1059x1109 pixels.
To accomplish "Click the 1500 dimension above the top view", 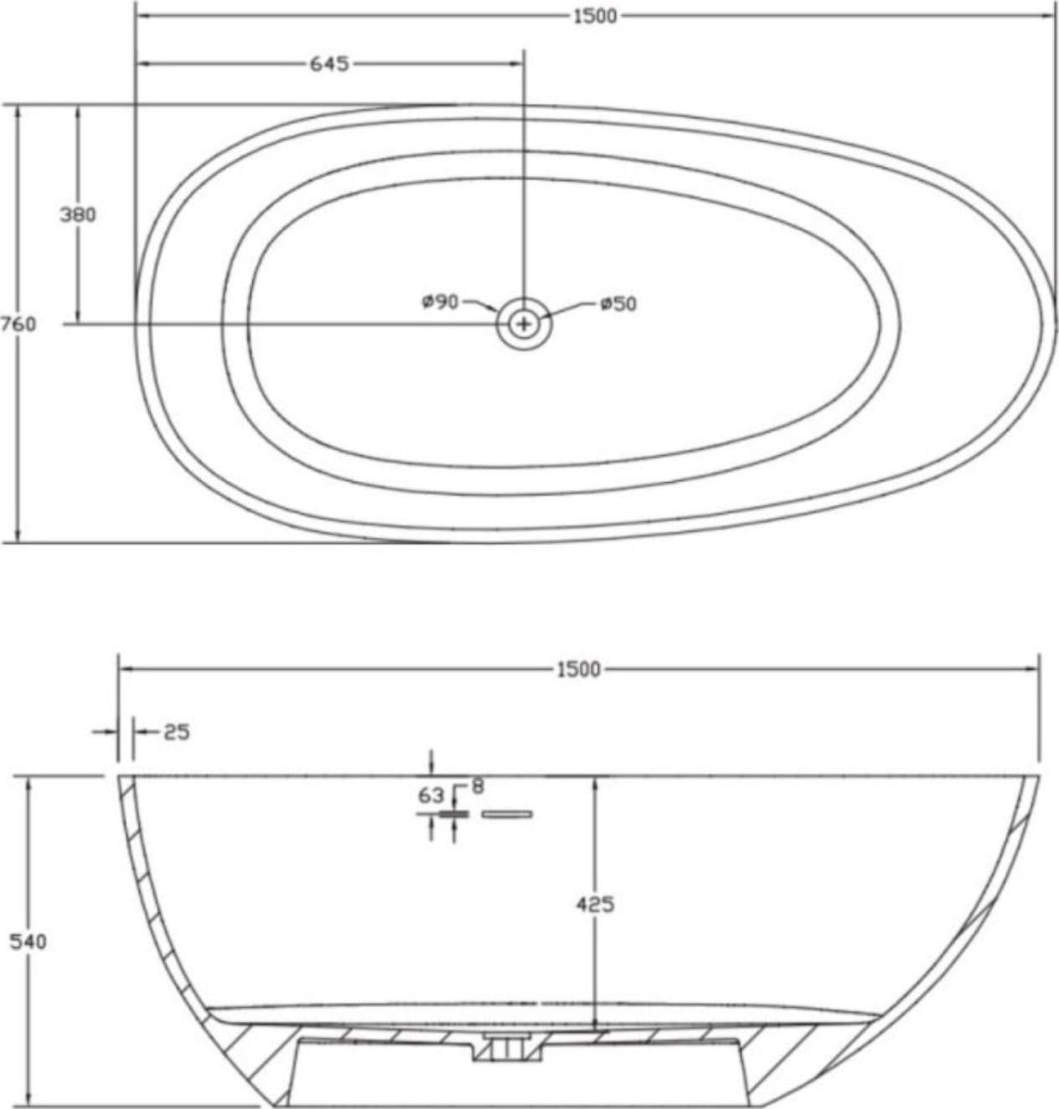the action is [x=595, y=17].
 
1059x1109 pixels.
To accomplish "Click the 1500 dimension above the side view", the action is [x=578, y=670].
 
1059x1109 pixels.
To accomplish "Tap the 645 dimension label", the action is [x=328, y=64].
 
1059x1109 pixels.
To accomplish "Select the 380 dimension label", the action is [x=78, y=215].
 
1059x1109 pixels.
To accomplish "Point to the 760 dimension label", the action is [x=18, y=324].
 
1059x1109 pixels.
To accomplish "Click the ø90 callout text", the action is [x=441, y=302].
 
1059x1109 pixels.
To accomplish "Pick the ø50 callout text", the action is [x=618, y=303].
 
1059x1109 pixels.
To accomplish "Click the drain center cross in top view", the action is [x=524, y=324].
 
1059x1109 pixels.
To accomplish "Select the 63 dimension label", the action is [x=431, y=795].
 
